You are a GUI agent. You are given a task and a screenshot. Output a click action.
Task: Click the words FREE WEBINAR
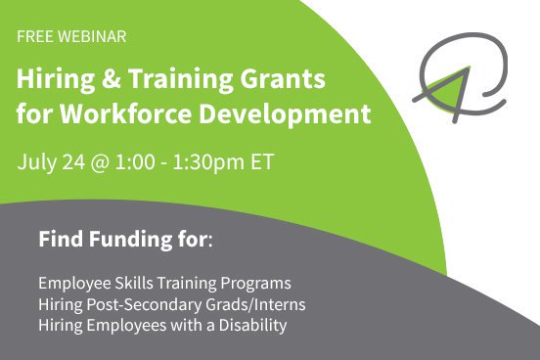(70, 37)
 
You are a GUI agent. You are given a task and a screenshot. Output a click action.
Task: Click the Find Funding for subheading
(122, 239)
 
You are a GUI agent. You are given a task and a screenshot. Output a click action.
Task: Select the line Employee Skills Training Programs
(164, 284)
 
